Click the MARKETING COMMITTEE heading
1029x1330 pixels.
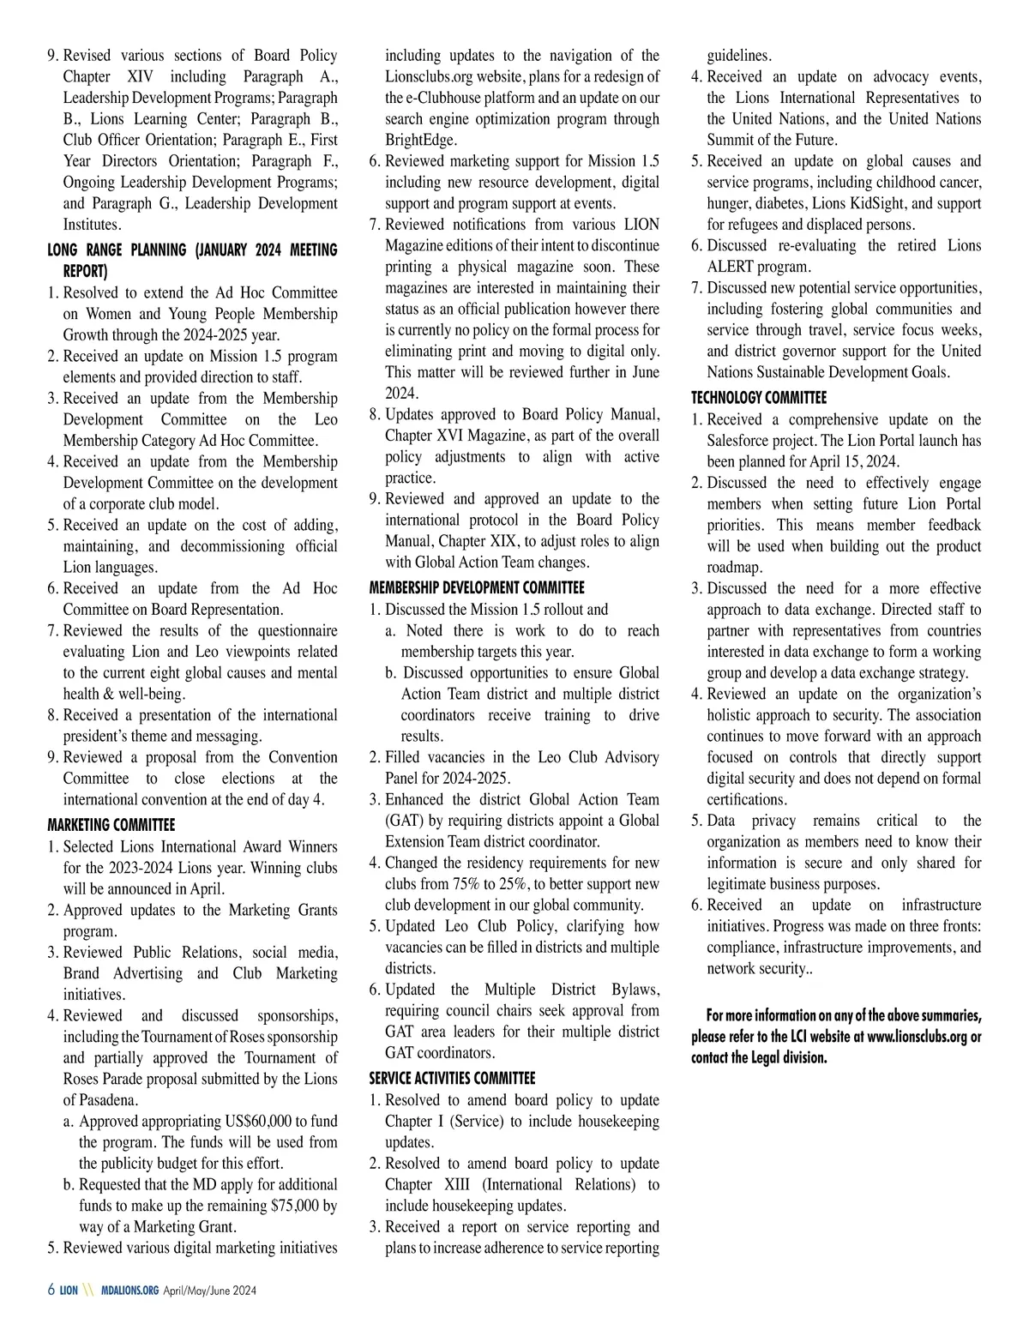pos(111,825)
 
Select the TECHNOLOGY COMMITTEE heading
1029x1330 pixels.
pos(759,398)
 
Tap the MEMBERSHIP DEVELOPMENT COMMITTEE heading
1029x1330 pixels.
pos(477,588)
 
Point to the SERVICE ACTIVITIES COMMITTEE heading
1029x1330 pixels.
pos(452,1079)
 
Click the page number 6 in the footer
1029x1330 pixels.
pos(51,1291)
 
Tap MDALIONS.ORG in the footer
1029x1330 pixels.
pos(129,1291)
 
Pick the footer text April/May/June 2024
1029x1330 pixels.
pos(210,1291)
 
